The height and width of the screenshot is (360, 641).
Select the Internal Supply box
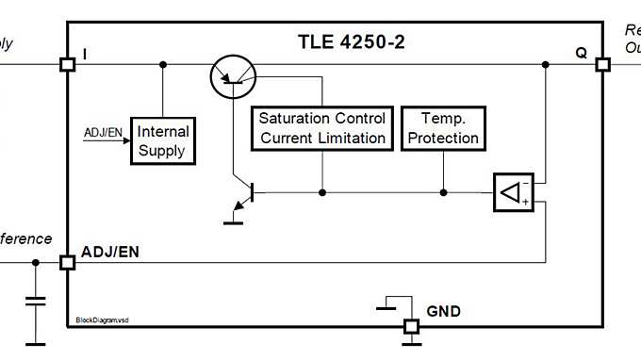click(162, 140)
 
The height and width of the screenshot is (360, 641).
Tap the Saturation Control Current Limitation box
click(322, 128)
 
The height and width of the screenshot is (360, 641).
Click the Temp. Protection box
click(442, 128)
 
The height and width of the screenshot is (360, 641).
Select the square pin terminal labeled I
click(67, 65)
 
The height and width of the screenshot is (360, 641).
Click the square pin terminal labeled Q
click(602, 65)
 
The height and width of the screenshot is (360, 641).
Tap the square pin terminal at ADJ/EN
click(67, 262)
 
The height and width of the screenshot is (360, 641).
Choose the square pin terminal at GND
click(411, 327)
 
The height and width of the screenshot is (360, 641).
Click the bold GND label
click(444, 310)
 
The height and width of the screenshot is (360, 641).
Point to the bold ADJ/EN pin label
click(111, 251)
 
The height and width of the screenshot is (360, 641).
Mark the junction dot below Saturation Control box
click(322, 193)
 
